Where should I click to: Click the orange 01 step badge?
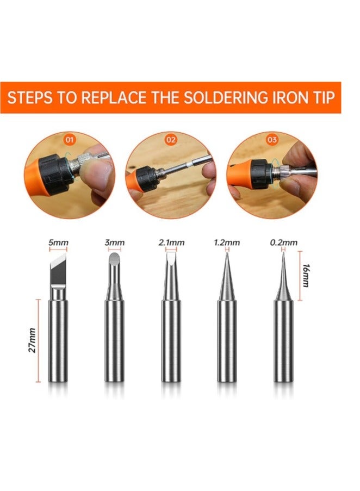click(x=69, y=139)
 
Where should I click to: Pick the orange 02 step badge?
click(x=171, y=139)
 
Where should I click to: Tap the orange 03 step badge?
click(x=272, y=139)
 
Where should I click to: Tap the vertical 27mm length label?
click(x=32, y=340)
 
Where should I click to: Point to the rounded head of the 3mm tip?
click(x=114, y=259)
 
